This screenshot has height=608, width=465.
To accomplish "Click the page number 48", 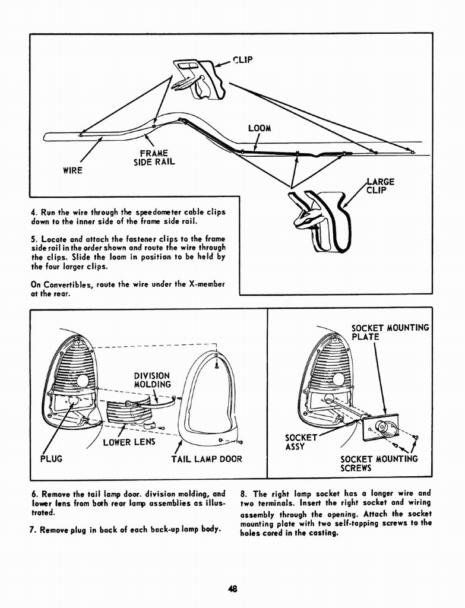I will click(232, 589).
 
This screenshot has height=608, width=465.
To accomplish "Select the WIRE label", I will click(72, 170).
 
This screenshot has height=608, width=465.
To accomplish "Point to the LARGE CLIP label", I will click(381, 186).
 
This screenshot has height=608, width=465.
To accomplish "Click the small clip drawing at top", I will click(198, 78).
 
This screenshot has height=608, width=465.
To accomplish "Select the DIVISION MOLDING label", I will click(152, 380).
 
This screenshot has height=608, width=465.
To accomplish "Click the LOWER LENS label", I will click(128, 442).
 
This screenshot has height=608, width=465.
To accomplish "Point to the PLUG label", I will click(50, 459).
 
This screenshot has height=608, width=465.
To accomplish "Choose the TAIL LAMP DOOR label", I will click(207, 459).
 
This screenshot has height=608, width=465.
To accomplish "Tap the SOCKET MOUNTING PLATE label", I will click(390, 332).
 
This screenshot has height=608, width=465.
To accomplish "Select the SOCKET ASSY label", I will click(301, 442).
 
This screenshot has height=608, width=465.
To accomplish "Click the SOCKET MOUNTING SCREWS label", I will click(379, 463).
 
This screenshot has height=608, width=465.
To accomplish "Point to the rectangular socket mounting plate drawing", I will click(382, 428).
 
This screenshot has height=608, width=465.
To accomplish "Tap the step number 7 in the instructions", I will click(33, 528).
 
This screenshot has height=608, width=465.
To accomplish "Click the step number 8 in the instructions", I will click(243, 493).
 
